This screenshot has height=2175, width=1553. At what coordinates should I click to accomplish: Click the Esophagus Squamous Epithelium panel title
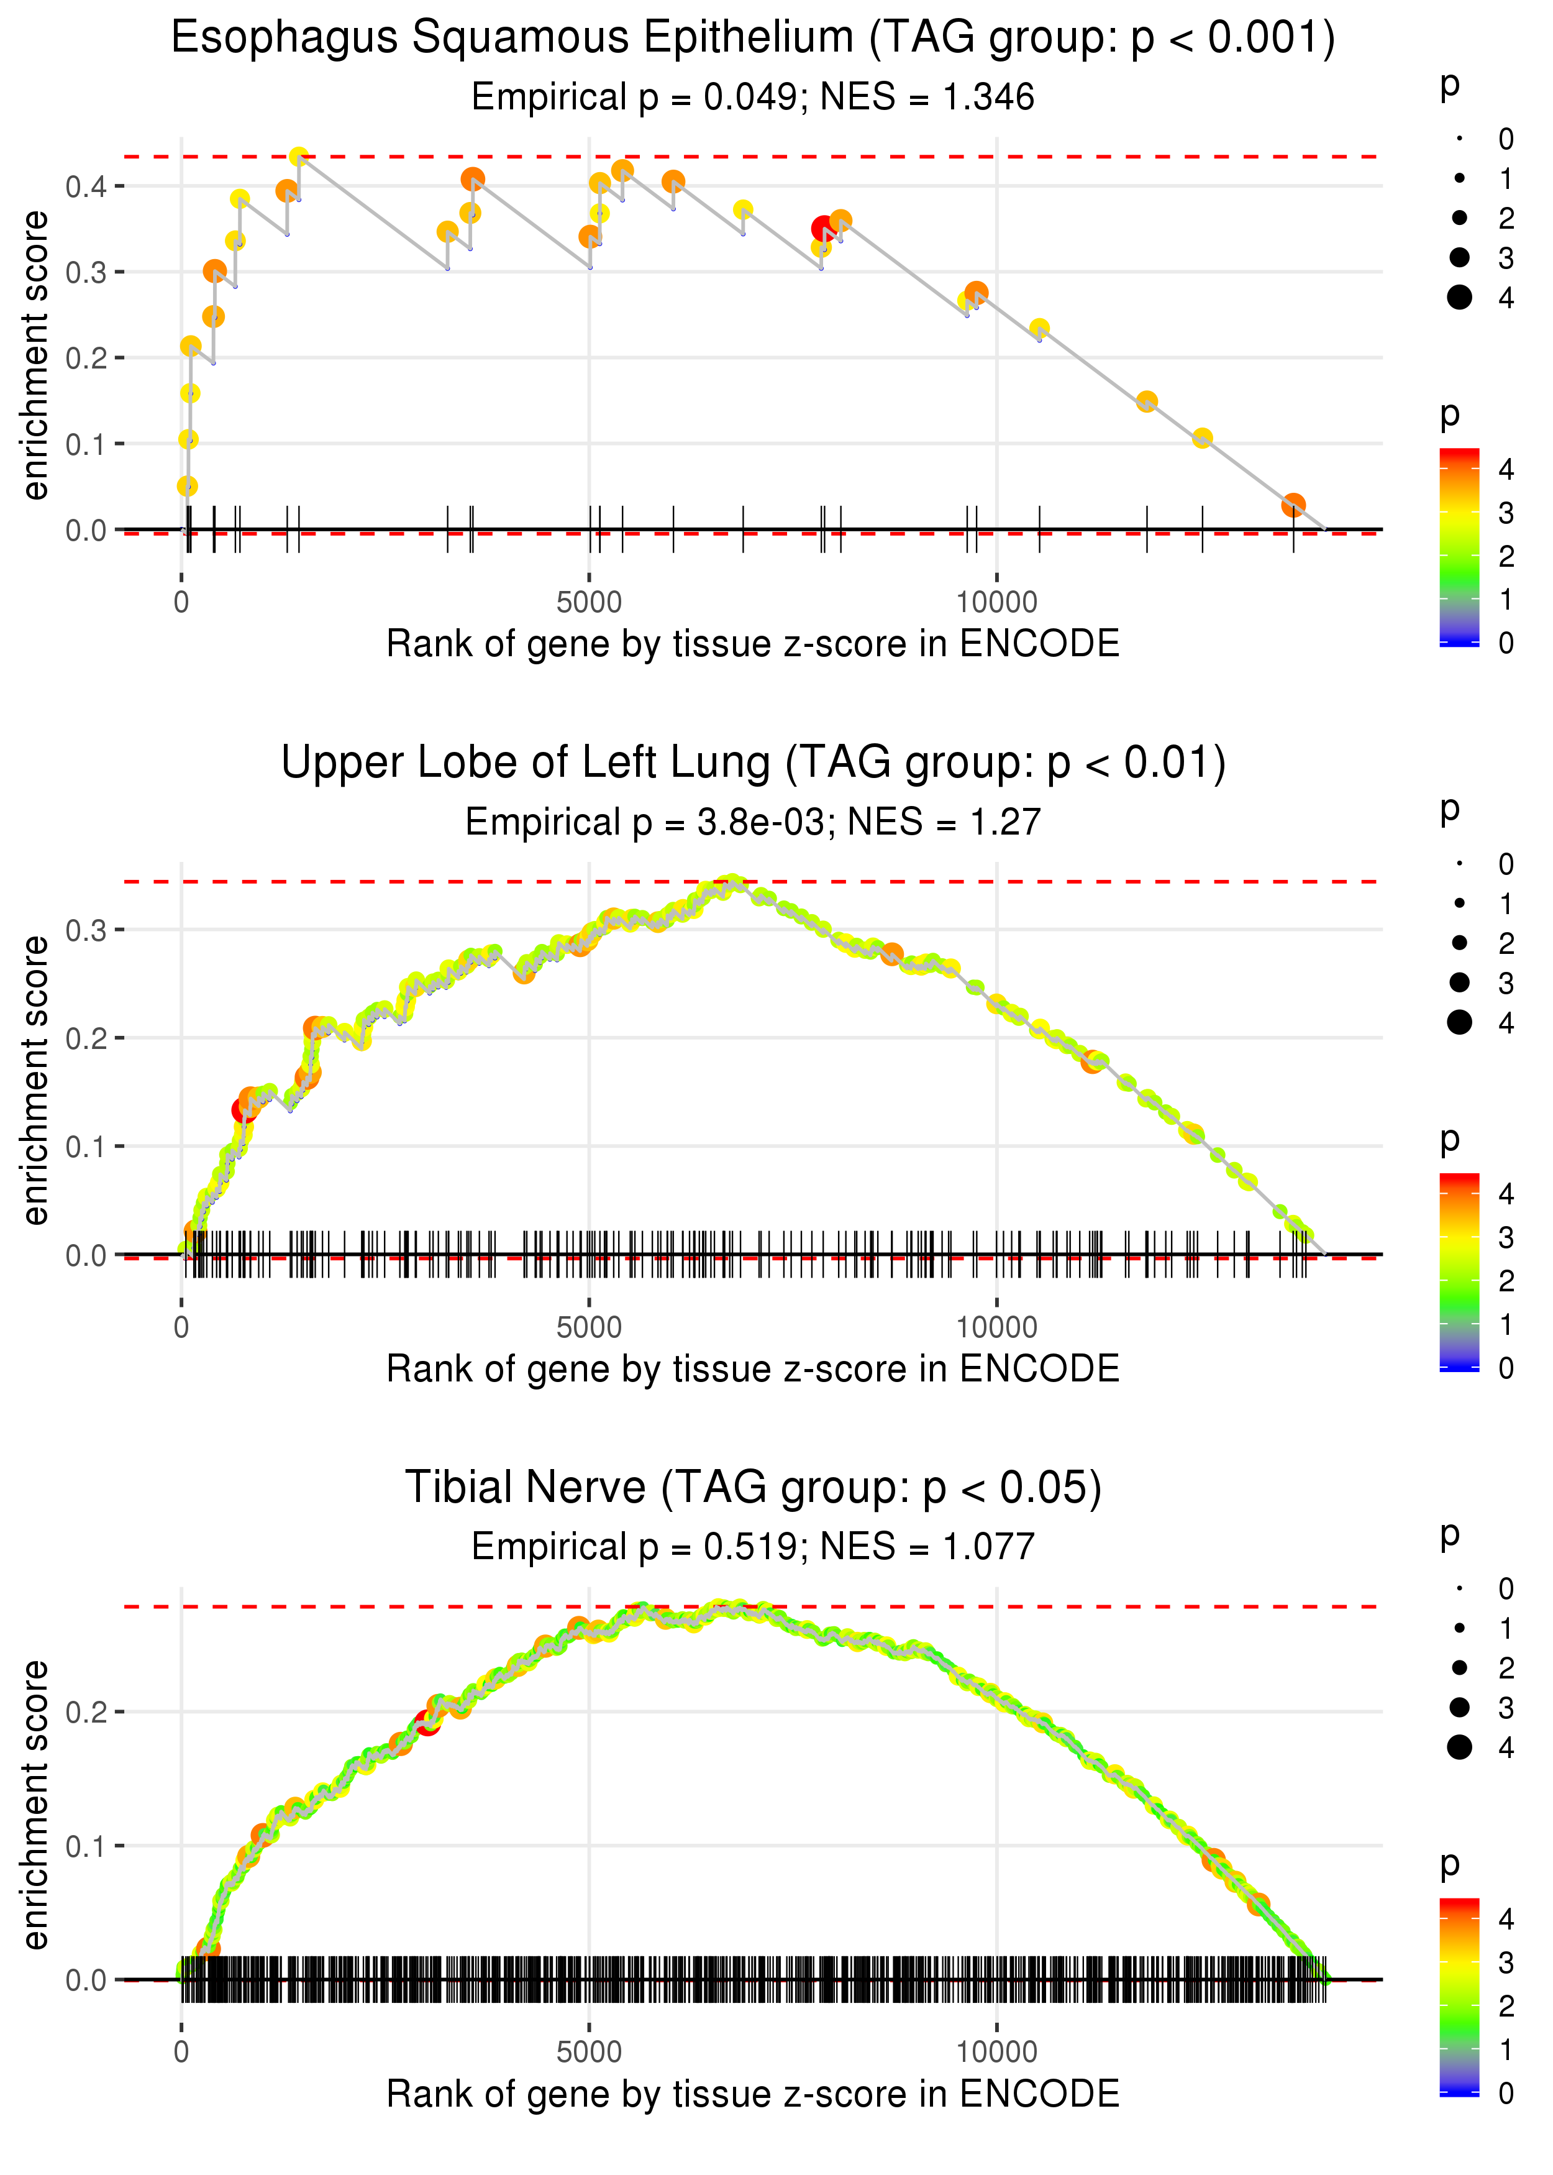click(753, 39)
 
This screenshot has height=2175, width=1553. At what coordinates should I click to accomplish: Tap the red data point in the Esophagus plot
click(822, 229)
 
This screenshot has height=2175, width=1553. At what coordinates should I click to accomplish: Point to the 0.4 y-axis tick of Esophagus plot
click(86, 186)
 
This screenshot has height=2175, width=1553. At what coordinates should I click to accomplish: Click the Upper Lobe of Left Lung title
click(753, 763)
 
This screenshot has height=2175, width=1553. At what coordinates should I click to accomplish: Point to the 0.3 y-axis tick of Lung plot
click(86, 930)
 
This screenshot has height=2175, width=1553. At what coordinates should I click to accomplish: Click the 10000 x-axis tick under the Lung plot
click(996, 1327)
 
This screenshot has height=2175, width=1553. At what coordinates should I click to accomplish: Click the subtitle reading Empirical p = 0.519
click(753, 1547)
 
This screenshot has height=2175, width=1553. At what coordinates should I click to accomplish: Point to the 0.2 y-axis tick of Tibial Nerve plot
click(86, 1711)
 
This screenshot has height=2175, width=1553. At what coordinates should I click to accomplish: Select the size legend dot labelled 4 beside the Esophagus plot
click(1459, 298)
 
